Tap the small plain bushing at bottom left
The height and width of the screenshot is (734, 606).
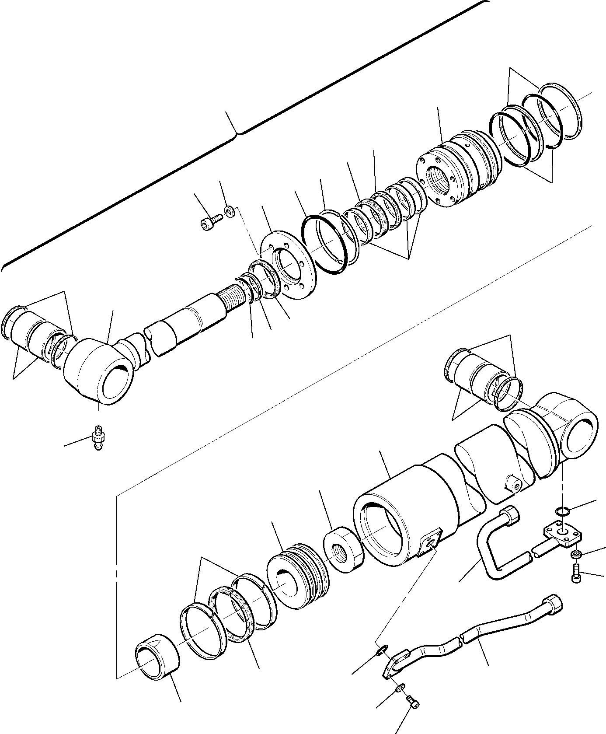(x=158, y=667)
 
